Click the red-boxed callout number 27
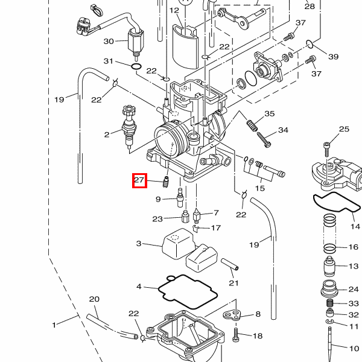tap(139, 180)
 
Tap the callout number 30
tap(109, 41)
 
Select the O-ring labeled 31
tap(136, 66)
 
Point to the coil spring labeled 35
tap(253, 125)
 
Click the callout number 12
tap(174, 10)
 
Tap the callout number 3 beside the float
tap(138, 244)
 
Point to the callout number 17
tap(215, 228)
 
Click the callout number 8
tap(258, 314)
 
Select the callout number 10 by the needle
tap(354, 348)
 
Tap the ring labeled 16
tap(331, 248)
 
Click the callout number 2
tap(107, 134)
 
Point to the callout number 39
tap(334, 57)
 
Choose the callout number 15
tap(259, 189)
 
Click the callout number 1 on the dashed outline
tap(54, 325)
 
